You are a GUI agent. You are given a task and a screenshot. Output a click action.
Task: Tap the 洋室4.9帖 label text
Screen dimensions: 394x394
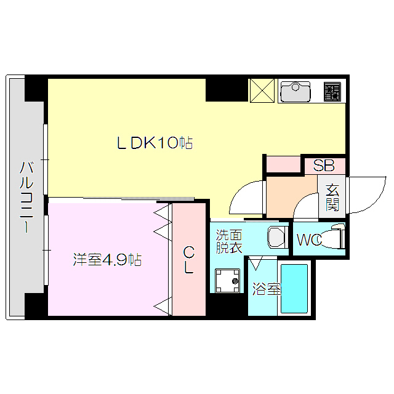pyautogui.click(x=107, y=260)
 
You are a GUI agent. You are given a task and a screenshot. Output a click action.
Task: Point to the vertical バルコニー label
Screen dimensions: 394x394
pyautogui.click(x=26, y=196)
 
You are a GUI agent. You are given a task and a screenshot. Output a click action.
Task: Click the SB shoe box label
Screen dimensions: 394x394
pyautogui.click(x=323, y=166)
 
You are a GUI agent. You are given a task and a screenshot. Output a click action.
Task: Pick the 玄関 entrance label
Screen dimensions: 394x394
pyautogui.click(x=332, y=198)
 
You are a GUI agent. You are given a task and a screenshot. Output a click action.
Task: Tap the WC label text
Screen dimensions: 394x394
pyautogui.click(x=309, y=240)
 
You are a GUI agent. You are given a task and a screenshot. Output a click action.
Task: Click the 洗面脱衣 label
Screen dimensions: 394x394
pyautogui.click(x=228, y=241)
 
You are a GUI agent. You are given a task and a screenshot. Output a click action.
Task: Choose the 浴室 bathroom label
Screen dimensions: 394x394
pyautogui.click(x=266, y=288)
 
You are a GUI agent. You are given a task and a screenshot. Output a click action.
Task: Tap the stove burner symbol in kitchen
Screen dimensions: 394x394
pyautogui.click(x=332, y=92)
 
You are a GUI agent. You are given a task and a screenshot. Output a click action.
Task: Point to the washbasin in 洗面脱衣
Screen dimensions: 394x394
pyautogui.click(x=276, y=237)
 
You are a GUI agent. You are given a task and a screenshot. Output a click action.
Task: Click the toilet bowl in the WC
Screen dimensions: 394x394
pyautogui.click(x=332, y=238)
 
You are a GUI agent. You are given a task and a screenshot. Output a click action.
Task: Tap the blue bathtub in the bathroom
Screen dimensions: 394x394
pyautogui.click(x=294, y=289)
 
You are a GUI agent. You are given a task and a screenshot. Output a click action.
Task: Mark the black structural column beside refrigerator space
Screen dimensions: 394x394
pyautogui.click(x=226, y=89)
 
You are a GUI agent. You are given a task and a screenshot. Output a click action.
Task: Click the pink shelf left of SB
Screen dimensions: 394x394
pyautogui.click(x=283, y=165)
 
